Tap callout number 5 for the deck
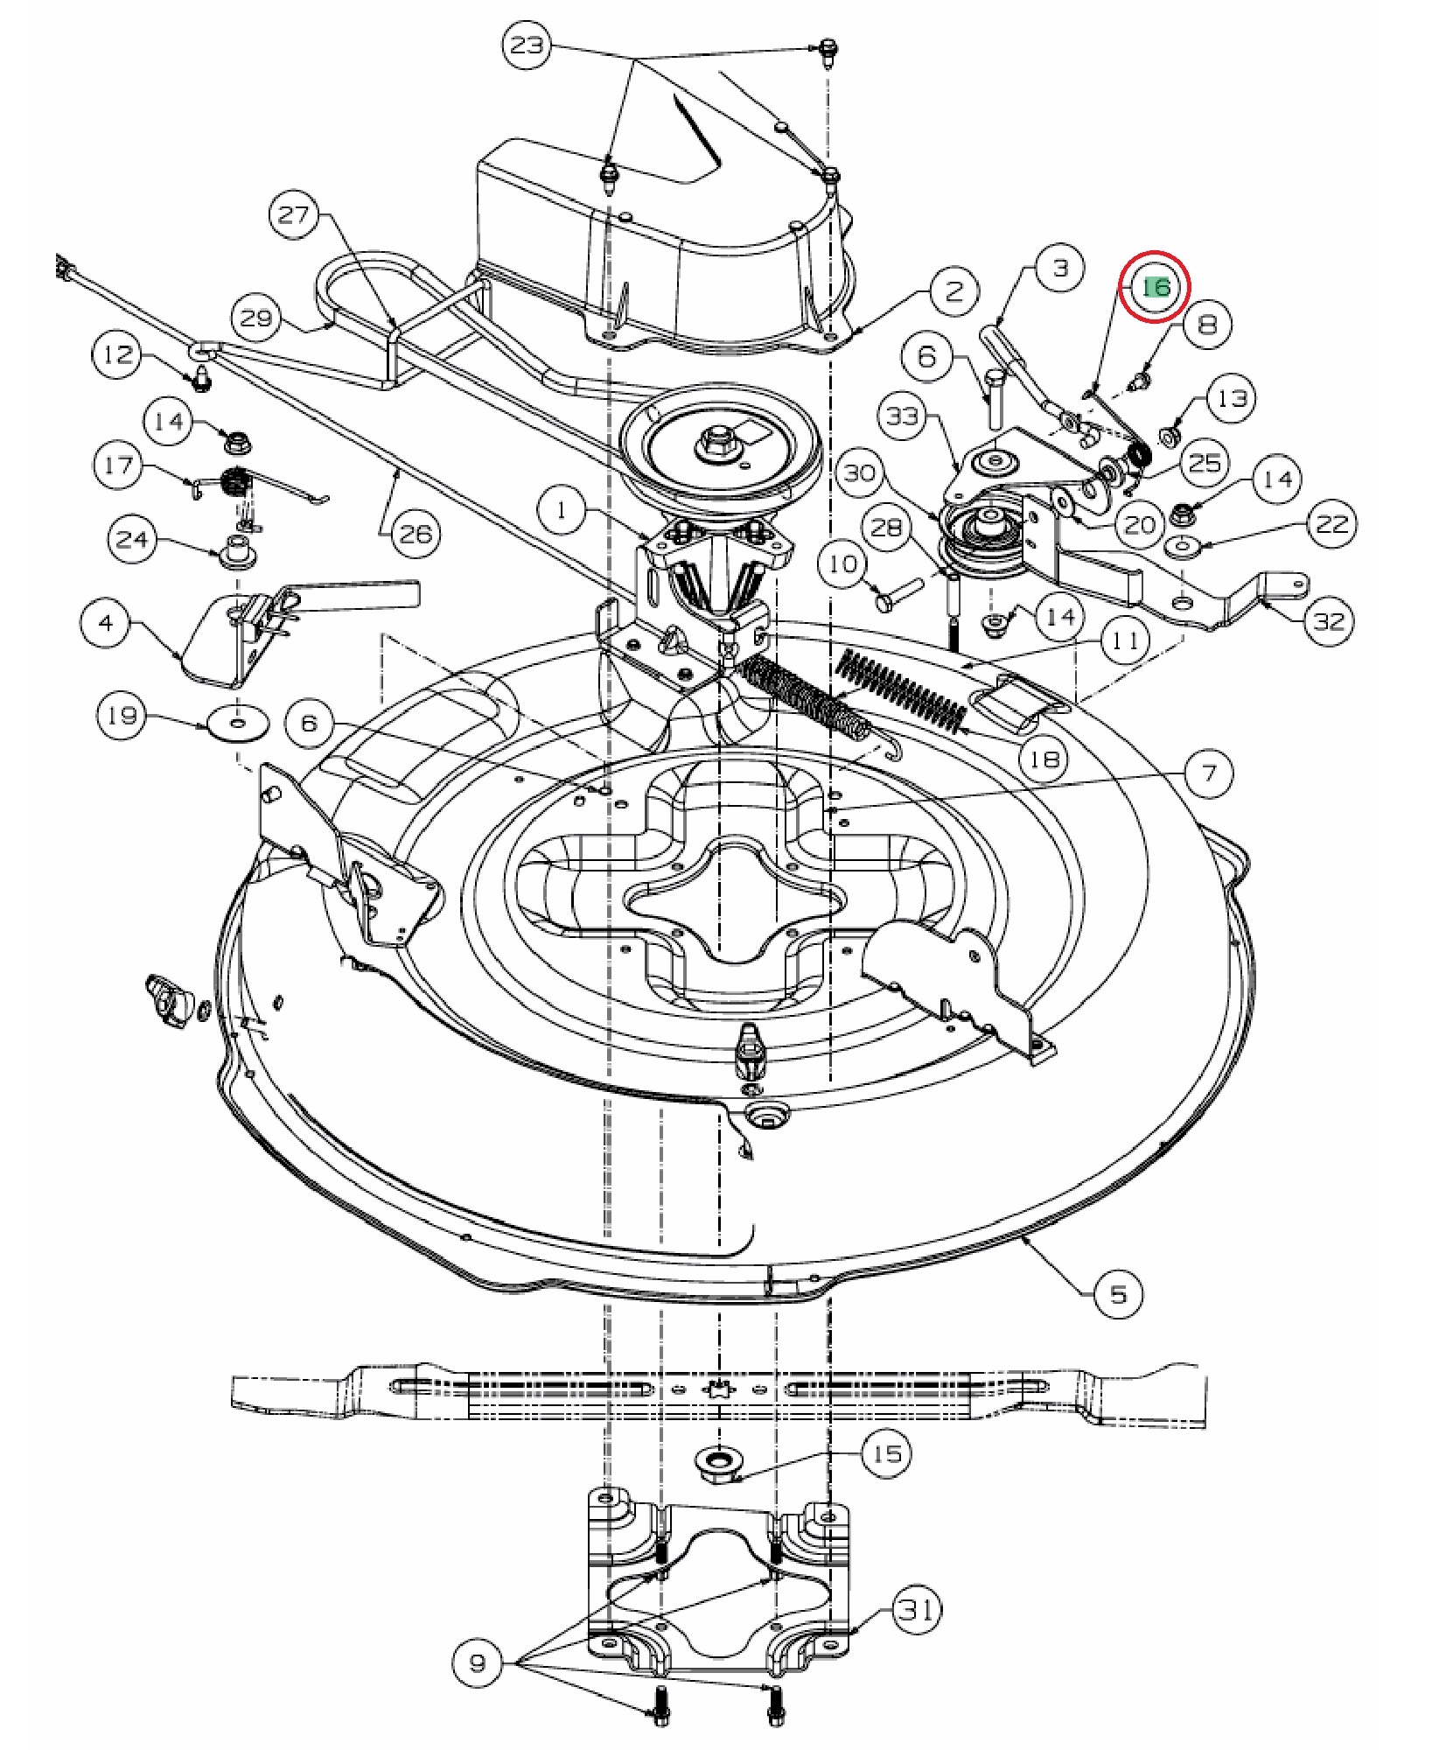click(x=1119, y=1292)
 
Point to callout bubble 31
click(x=917, y=1609)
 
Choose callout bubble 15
click(x=886, y=1453)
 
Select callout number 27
click(x=294, y=214)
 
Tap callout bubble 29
click(x=256, y=318)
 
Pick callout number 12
click(x=118, y=355)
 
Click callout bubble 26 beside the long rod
click(x=416, y=532)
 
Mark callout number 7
click(x=1209, y=773)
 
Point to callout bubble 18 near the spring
click(x=1044, y=758)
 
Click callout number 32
click(x=1329, y=620)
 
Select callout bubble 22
click(x=1331, y=525)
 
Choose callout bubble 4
click(x=106, y=623)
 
